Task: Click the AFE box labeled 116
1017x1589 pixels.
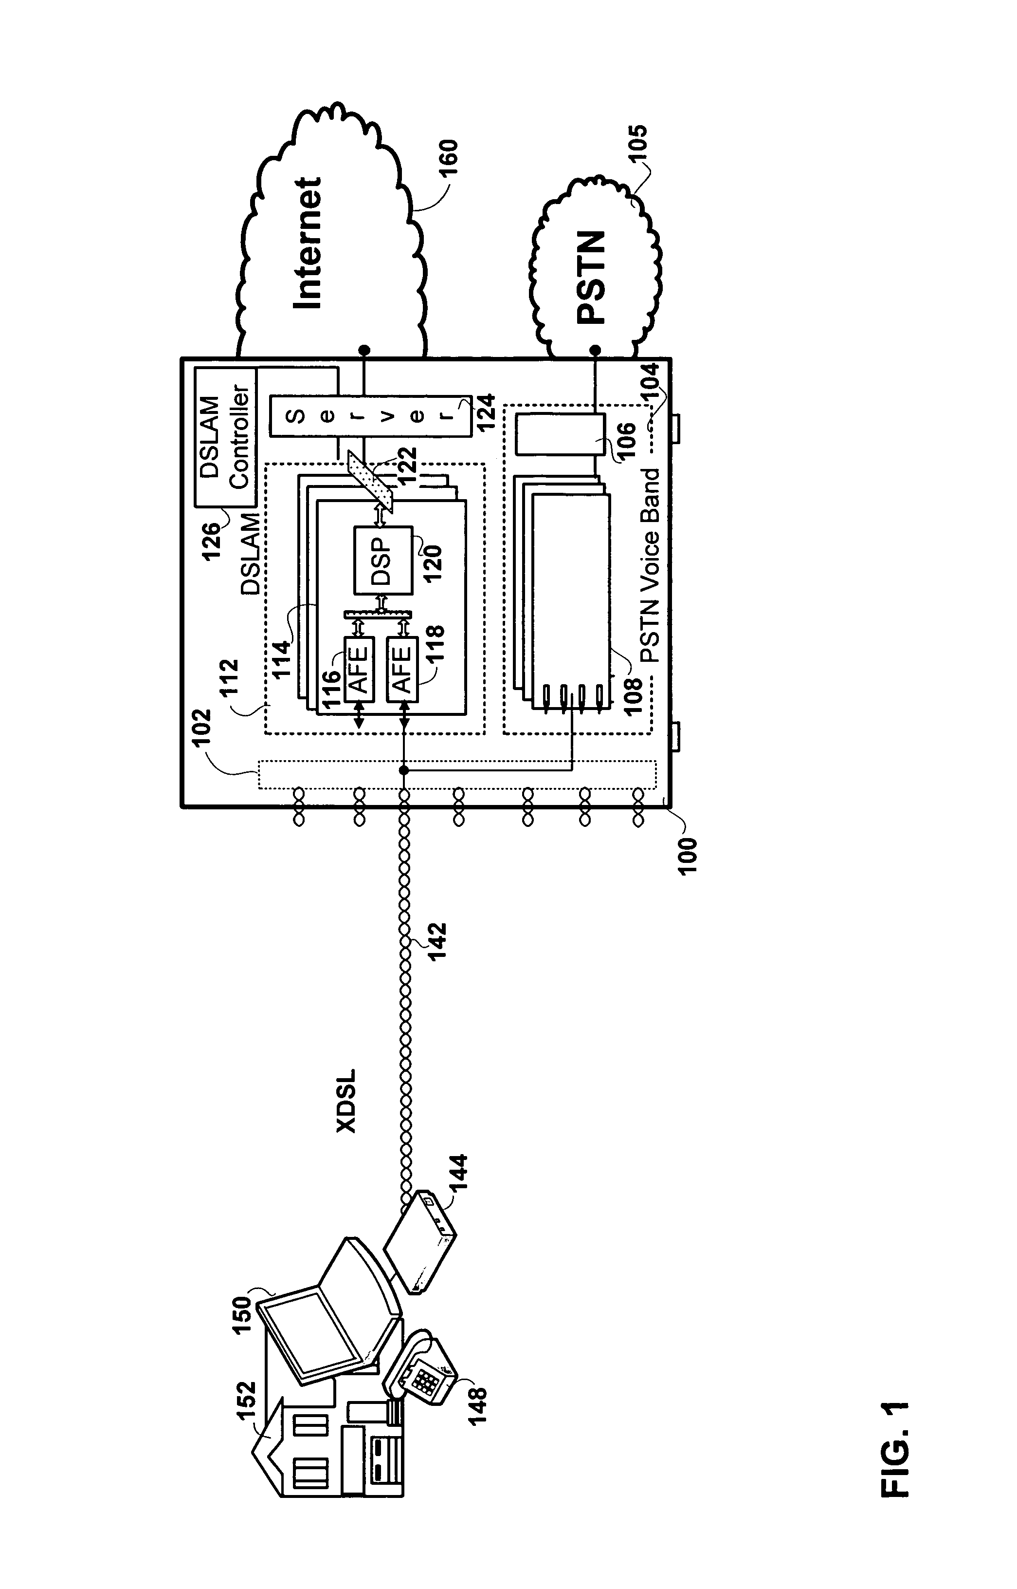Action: [359, 669]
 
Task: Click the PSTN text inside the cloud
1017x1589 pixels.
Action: [590, 277]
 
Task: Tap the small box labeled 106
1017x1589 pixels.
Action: [560, 433]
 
